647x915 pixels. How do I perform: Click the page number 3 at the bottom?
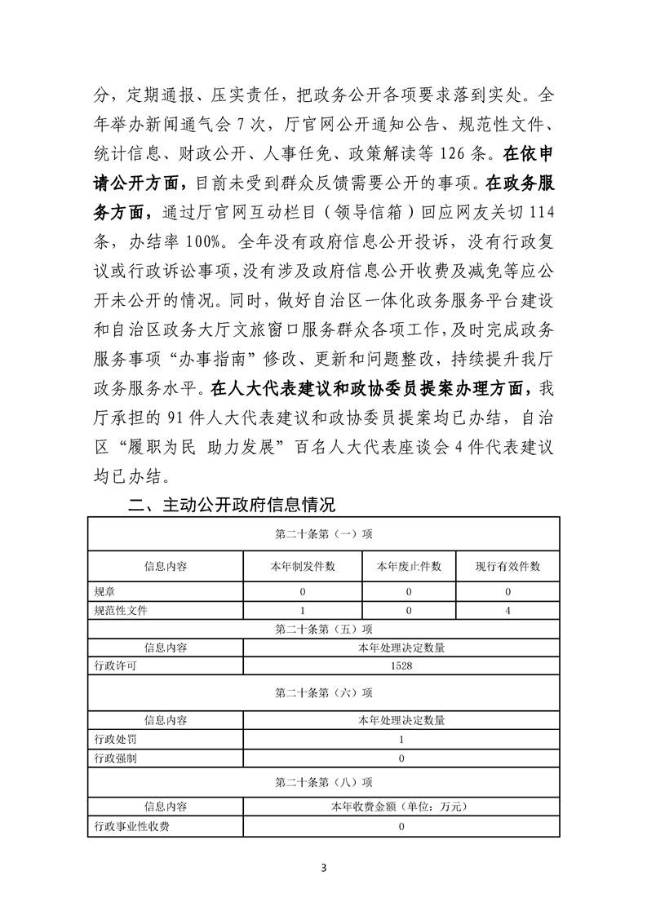(x=324, y=866)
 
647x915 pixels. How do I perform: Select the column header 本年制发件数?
(x=302, y=566)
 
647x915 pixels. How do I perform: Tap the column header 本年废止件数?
(x=409, y=566)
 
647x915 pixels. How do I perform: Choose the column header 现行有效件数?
(x=507, y=566)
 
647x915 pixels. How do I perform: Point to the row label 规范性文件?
(x=122, y=609)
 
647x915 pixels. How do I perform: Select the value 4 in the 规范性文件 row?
(x=507, y=609)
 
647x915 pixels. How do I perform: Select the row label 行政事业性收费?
(x=133, y=826)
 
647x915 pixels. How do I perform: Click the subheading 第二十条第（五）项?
(x=324, y=629)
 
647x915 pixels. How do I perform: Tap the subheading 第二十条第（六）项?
(x=324, y=692)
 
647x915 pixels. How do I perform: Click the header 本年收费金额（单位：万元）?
(x=401, y=807)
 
